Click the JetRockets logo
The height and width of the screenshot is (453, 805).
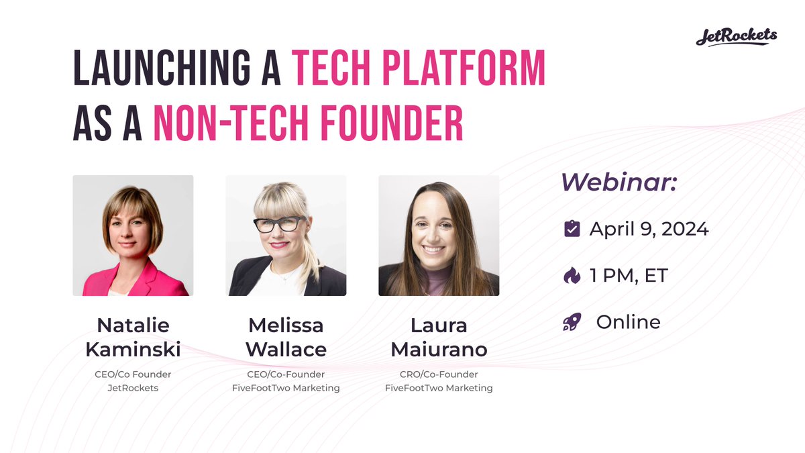[736, 36]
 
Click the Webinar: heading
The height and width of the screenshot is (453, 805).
[618, 181]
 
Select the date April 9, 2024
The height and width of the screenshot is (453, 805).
[649, 230]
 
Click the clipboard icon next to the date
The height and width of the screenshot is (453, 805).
[572, 230]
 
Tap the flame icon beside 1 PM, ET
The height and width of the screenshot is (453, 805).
[572, 276]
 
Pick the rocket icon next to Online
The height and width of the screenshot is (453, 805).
[572, 323]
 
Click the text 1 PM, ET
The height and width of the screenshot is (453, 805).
[629, 276]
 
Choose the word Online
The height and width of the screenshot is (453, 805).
[628, 322]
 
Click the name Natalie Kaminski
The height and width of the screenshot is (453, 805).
[133, 338]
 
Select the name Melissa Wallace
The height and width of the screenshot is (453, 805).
[286, 338]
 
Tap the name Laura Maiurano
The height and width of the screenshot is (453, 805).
[439, 338]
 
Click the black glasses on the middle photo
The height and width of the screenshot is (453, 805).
[280, 224]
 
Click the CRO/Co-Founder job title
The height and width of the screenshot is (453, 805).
[439, 374]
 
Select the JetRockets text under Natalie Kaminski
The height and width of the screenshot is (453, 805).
[133, 388]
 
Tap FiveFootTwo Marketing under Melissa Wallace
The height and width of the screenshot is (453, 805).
[286, 388]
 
